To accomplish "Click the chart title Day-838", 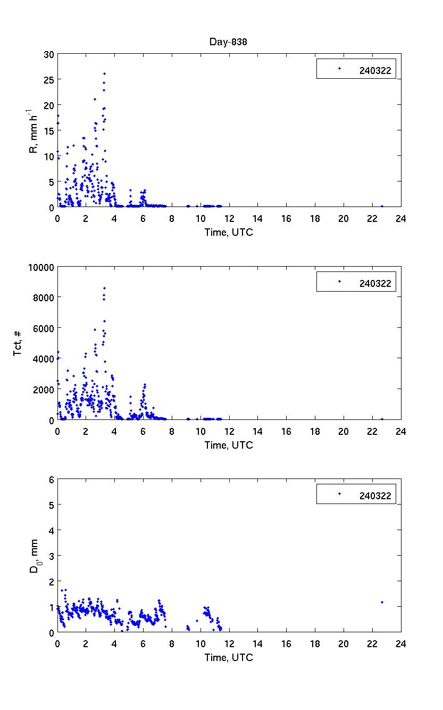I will [x=229, y=43].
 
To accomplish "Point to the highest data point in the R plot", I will [x=104, y=73].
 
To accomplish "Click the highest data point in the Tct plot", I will [x=104, y=288].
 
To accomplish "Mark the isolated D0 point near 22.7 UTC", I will [x=382, y=602].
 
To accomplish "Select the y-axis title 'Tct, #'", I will [x=17, y=343].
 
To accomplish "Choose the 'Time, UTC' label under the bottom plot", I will [x=229, y=657].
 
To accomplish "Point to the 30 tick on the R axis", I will [x=49, y=54].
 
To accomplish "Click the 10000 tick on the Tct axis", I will [x=41, y=267].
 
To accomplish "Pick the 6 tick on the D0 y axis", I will [x=51, y=480].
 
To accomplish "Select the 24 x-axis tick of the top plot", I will [x=400, y=218].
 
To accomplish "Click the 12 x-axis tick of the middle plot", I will [x=229, y=431].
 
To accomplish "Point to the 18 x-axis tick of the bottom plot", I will [x=315, y=643].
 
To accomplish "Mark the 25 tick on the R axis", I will [x=49, y=80].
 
